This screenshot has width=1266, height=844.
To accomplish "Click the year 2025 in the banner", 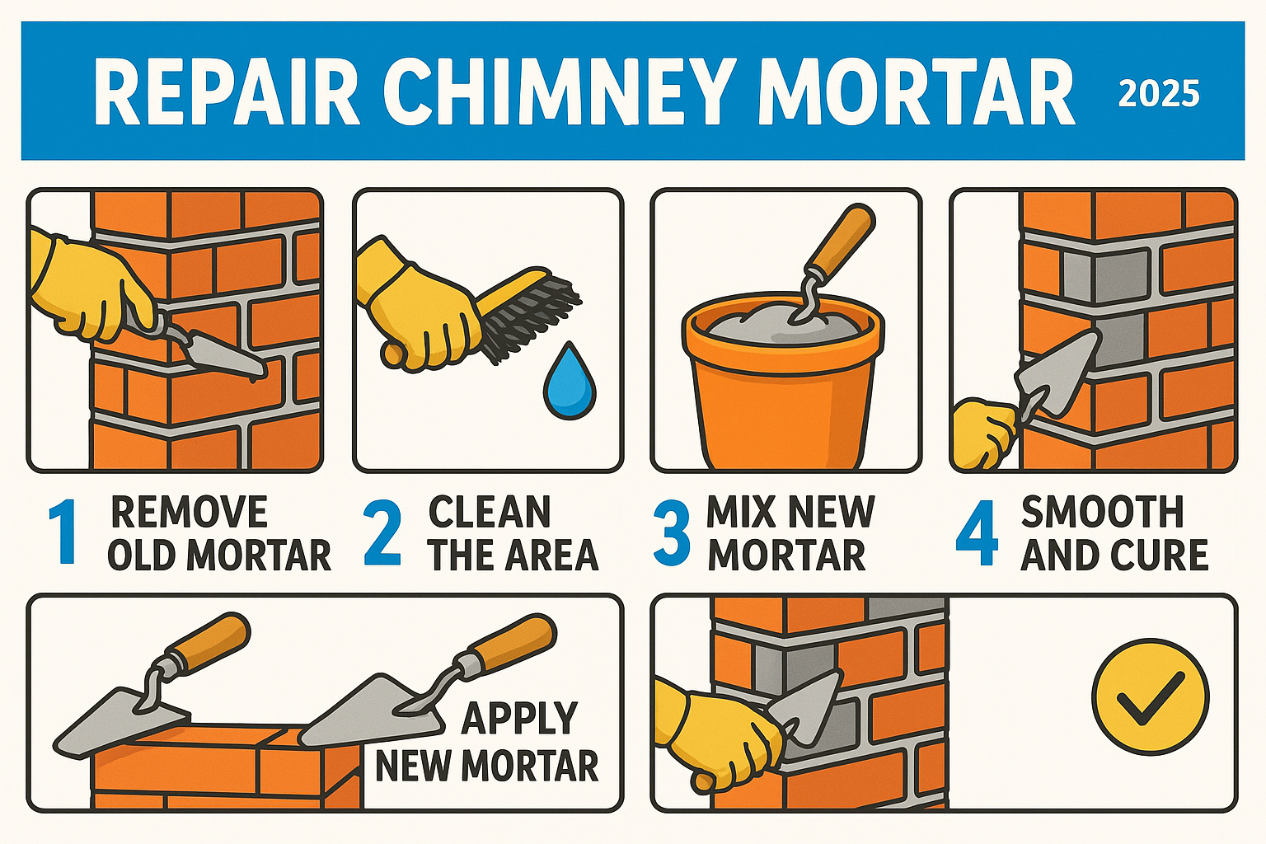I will click(1158, 94).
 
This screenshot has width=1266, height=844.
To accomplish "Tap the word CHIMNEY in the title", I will click(557, 91).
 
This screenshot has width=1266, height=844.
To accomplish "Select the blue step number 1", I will click(63, 533).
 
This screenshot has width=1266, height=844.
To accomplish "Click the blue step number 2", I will click(383, 533).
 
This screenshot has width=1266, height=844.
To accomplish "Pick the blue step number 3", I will click(672, 534).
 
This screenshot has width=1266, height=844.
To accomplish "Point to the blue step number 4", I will click(977, 533).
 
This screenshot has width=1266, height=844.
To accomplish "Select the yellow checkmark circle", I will click(1150, 696).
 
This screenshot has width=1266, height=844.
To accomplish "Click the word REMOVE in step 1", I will click(189, 513).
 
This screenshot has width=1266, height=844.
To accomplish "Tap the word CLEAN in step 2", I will click(490, 513).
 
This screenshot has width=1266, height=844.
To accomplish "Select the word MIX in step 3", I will click(740, 513).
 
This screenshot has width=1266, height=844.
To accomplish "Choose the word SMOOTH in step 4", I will click(1102, 513).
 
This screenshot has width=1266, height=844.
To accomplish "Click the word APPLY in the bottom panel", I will click(519, 718).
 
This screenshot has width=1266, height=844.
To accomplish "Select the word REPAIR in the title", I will click(226, 91).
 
